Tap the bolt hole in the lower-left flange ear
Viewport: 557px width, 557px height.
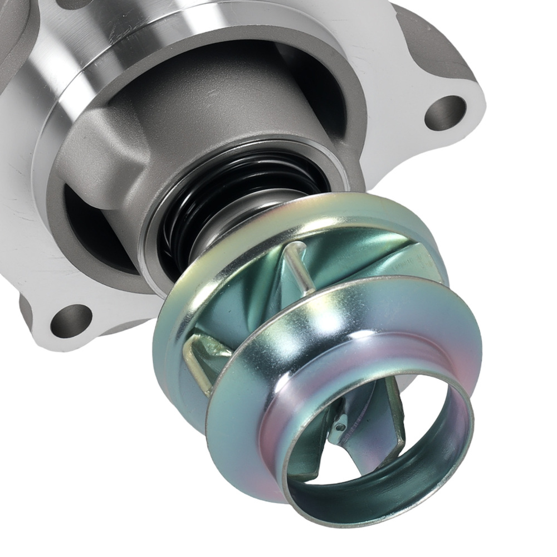71,321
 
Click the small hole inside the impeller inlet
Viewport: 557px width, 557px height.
340,427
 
